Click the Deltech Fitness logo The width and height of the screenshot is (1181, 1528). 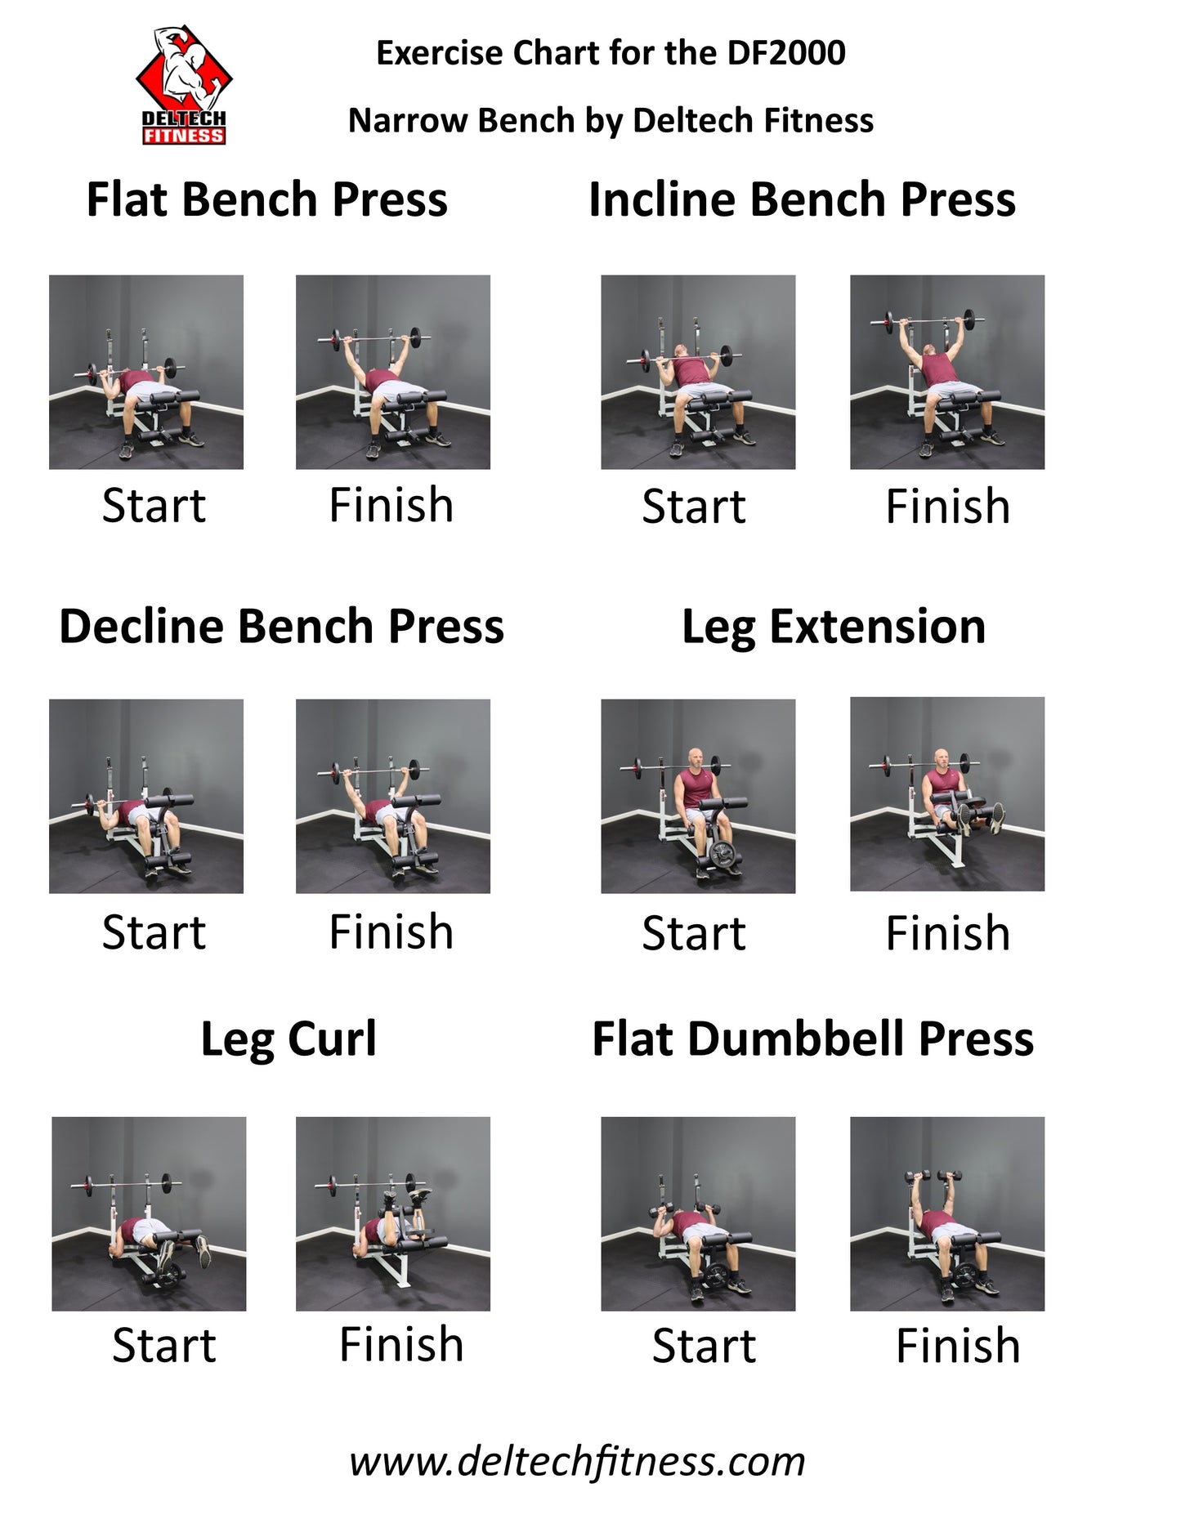click(184, 85)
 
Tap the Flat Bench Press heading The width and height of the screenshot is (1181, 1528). click(267, 199)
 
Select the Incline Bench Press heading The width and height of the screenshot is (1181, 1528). click(802, 199)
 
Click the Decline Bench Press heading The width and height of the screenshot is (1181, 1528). click(282, 627)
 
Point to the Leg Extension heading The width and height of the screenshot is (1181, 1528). click(834, 628)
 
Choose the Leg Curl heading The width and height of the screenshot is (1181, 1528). click(289, 1040)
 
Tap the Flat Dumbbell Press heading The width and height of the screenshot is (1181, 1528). click(813, 1039)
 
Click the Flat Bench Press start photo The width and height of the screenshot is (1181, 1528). click(146, 372)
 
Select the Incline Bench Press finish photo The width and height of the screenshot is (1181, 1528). click(947, 372)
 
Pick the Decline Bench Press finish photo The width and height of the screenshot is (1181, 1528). click(393, 796)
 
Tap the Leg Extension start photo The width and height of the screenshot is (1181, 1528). click(698, 796)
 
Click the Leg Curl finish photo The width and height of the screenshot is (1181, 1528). click(393, 1213)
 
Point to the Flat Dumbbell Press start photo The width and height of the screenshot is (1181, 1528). click(698, 1213)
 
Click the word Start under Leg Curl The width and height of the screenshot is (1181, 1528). click(163, 1346)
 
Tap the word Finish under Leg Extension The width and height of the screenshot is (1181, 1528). click(948, 933)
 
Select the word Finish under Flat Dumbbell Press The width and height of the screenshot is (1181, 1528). click(958, 1346)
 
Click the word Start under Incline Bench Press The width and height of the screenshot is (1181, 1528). click(694, 507)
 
